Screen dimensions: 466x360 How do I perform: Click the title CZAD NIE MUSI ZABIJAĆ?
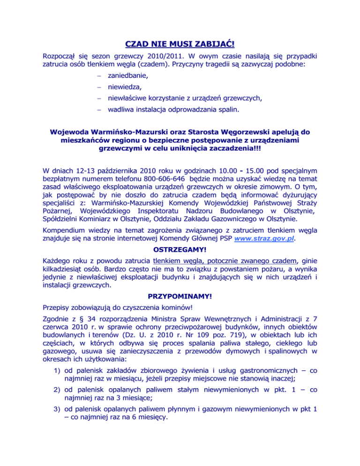180,45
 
